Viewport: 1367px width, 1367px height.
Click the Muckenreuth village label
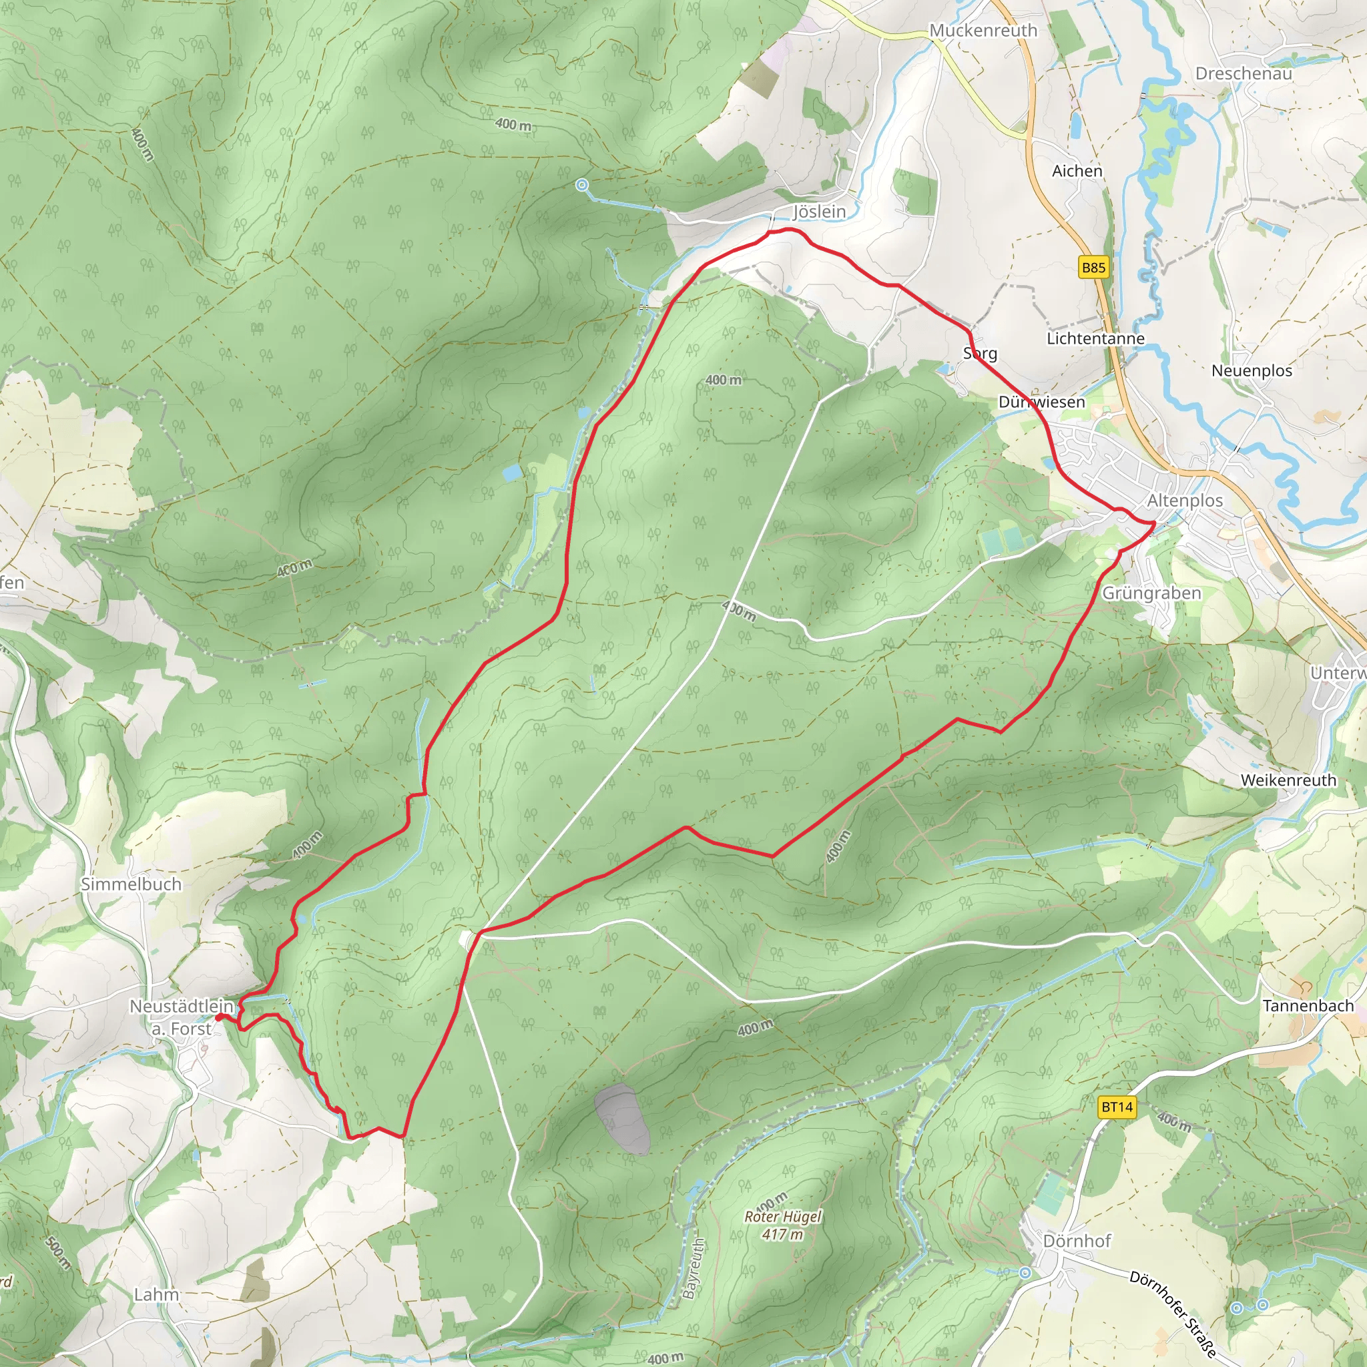(983, 31)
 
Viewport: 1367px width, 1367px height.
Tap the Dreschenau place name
(1243, 73)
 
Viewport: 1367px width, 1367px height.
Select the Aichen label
(1077, 172)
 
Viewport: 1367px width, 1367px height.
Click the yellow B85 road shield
(1093, 268)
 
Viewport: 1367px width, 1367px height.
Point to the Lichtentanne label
(1095, 339)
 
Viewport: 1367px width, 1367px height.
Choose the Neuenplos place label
(1252, 370)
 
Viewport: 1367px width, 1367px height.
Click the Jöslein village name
(820, 212)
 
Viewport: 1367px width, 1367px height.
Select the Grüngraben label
(1152, 593)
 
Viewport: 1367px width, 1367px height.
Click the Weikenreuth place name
(1288, 780)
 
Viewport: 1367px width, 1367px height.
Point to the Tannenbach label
(1308, 1005)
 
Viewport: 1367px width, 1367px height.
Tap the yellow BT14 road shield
(1117, 1107)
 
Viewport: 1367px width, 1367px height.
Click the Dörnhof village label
(1077, 1240)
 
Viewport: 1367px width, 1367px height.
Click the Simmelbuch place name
(131, 884)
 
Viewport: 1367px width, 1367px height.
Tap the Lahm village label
(156, 1294)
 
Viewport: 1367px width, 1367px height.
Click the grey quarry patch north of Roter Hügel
(622, 1119)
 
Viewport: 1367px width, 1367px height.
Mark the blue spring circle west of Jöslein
(581, 186)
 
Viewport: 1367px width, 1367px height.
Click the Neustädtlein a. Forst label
(181, 1017)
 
